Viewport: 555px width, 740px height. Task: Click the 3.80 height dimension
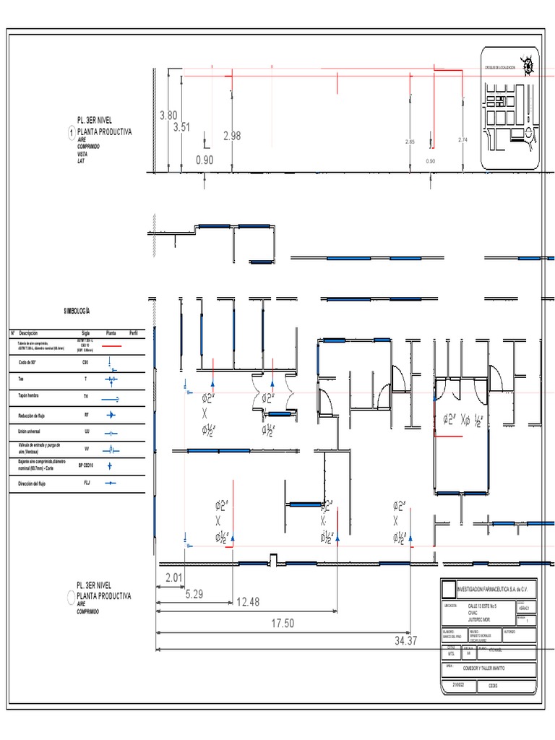[x=168, y=115]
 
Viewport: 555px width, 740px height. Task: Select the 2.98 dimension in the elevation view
[x=232, y=135]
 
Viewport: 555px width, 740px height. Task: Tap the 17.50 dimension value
[x=283, y=623]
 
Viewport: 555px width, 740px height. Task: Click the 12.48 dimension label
[x=248, y=602]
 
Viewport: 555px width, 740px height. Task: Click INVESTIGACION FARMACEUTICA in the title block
[x=489, y=588]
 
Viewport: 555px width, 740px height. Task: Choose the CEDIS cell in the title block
[x=494, y=686]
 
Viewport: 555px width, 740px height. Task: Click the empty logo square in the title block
[x=449, y=588]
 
